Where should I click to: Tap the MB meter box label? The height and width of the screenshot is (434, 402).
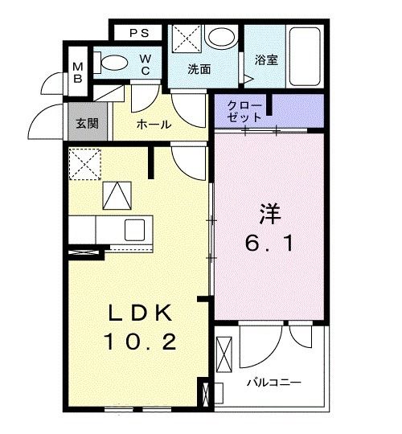point(78,72)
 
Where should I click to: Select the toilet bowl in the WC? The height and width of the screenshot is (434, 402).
point(112,63)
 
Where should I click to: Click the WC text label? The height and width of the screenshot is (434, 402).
point(146,63)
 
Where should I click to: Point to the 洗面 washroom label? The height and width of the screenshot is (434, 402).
point(199,70)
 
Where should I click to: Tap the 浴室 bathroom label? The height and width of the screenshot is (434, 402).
point(266,59)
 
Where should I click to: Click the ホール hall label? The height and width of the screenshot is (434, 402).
point(153,125)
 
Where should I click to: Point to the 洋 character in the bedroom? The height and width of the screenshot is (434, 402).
point(269,215)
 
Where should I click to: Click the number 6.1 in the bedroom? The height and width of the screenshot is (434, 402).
point(269,241)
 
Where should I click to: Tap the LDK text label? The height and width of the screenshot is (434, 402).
point(138,313)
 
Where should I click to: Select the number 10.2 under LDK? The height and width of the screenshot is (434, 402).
point(138,342)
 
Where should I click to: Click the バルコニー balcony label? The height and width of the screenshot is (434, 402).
point(274,383)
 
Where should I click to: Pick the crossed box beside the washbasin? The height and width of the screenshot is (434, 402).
point(187,39)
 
